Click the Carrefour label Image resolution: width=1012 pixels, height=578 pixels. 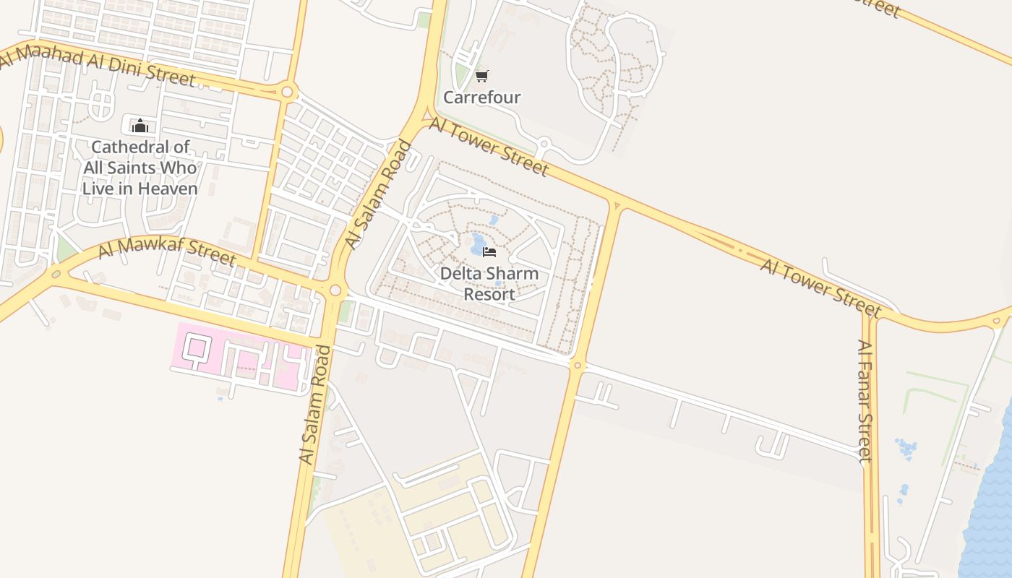tap(481, 97)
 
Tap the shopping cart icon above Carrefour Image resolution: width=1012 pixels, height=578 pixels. tap(481, 76)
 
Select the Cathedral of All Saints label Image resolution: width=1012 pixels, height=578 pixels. tap(140, 168)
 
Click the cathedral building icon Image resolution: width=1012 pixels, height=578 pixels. tap(140, 126)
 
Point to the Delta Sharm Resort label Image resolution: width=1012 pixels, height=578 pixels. tap(489, 284)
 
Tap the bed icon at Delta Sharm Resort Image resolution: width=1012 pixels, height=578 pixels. tap(489, 252)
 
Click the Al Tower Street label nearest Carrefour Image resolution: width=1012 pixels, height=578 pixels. tap(489, 147)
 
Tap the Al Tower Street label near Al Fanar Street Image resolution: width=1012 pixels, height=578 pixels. tap(820, 288)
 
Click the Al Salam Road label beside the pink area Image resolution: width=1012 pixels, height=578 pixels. tap(315, 405)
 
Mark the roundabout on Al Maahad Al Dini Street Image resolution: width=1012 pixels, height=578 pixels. tap(288, 92)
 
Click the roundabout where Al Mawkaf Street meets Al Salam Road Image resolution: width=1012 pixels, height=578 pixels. tap(335, 290)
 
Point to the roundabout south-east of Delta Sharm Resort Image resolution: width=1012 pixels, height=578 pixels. tap(576, 366)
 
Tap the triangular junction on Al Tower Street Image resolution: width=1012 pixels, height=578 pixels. tap(616, 205)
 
